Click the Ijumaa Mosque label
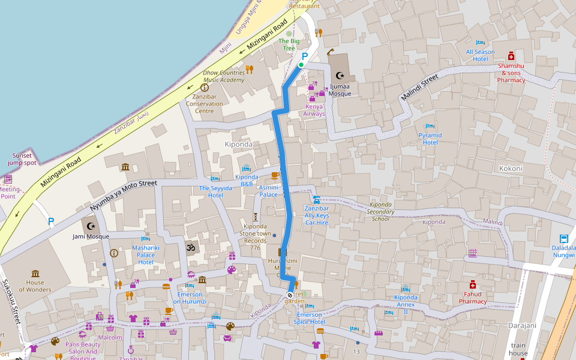click(x=340, y=89)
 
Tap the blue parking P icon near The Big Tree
click(x=304, y=56)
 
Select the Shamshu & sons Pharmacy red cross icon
click(x=511, y=55)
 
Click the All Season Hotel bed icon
click(x=480, y=43)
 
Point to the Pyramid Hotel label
click(x=430, y=139)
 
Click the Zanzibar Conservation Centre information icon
click(x=204, y=88)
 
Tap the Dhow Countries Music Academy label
click(x=224, y=76)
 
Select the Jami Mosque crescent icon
click(x=91, y=226)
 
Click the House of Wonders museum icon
click(x=35, y=274)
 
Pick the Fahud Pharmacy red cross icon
click(x=473, y=284)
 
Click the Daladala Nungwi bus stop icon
click(x=564, y=238)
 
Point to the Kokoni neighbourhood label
click(x=511, y=169)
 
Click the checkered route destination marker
click(x=290, y=295)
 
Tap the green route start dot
click(x=301, y=65)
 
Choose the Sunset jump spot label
click(x=22, y=159)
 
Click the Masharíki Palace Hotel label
click(x=146, y=255)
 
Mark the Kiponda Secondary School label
click(x=380, y=211)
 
